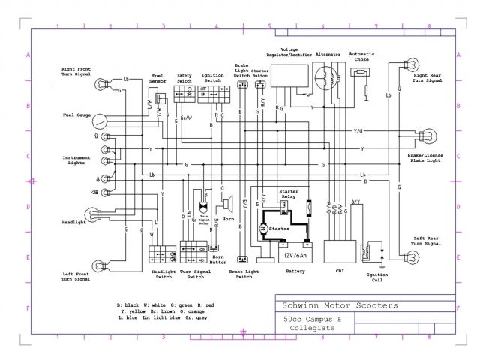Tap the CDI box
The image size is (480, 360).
point(338,250)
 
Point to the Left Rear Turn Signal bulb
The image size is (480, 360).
point(410,256)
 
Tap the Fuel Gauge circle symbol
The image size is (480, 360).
point(102,120)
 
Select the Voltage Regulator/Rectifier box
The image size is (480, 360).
point(289,75)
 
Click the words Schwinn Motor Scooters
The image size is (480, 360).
point(339,306)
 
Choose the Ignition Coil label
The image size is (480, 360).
point(378,278)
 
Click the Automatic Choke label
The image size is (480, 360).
point(361,57)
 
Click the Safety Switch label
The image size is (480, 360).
point(184,77)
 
